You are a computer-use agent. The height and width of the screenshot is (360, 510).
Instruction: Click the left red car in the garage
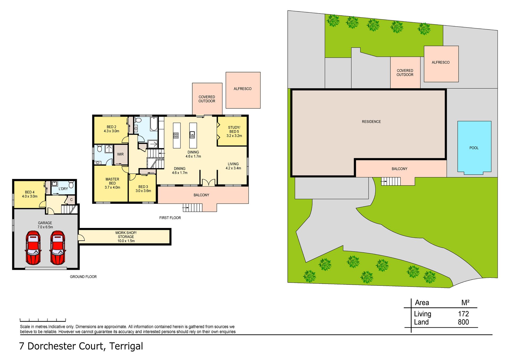(33, 248)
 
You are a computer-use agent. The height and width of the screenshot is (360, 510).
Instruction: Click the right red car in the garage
(58, 248)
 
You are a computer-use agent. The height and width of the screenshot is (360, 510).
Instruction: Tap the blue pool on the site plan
(474, 148)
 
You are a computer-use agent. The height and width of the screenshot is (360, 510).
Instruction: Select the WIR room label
(120, 154)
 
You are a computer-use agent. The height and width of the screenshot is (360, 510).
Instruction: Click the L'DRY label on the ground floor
(63, 189)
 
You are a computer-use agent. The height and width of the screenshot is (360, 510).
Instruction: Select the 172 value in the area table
(464, 314)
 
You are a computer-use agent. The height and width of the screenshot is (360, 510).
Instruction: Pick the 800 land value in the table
(463, 322)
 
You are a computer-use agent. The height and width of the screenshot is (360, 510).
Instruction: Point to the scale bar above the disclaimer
(43, 320)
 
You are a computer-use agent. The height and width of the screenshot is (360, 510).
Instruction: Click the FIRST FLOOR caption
(170, 218)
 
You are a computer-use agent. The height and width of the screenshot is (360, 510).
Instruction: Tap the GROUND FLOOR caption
(83, 277)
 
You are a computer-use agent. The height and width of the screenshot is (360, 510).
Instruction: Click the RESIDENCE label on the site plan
(371, 122)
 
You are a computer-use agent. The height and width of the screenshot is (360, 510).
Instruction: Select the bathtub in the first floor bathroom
(154, 124)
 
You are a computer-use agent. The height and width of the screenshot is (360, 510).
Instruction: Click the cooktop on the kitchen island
(176, 135)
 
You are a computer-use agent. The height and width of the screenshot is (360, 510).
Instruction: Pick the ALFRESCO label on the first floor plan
(243, 89)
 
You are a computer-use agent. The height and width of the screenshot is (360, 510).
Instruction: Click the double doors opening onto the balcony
(209, 182)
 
